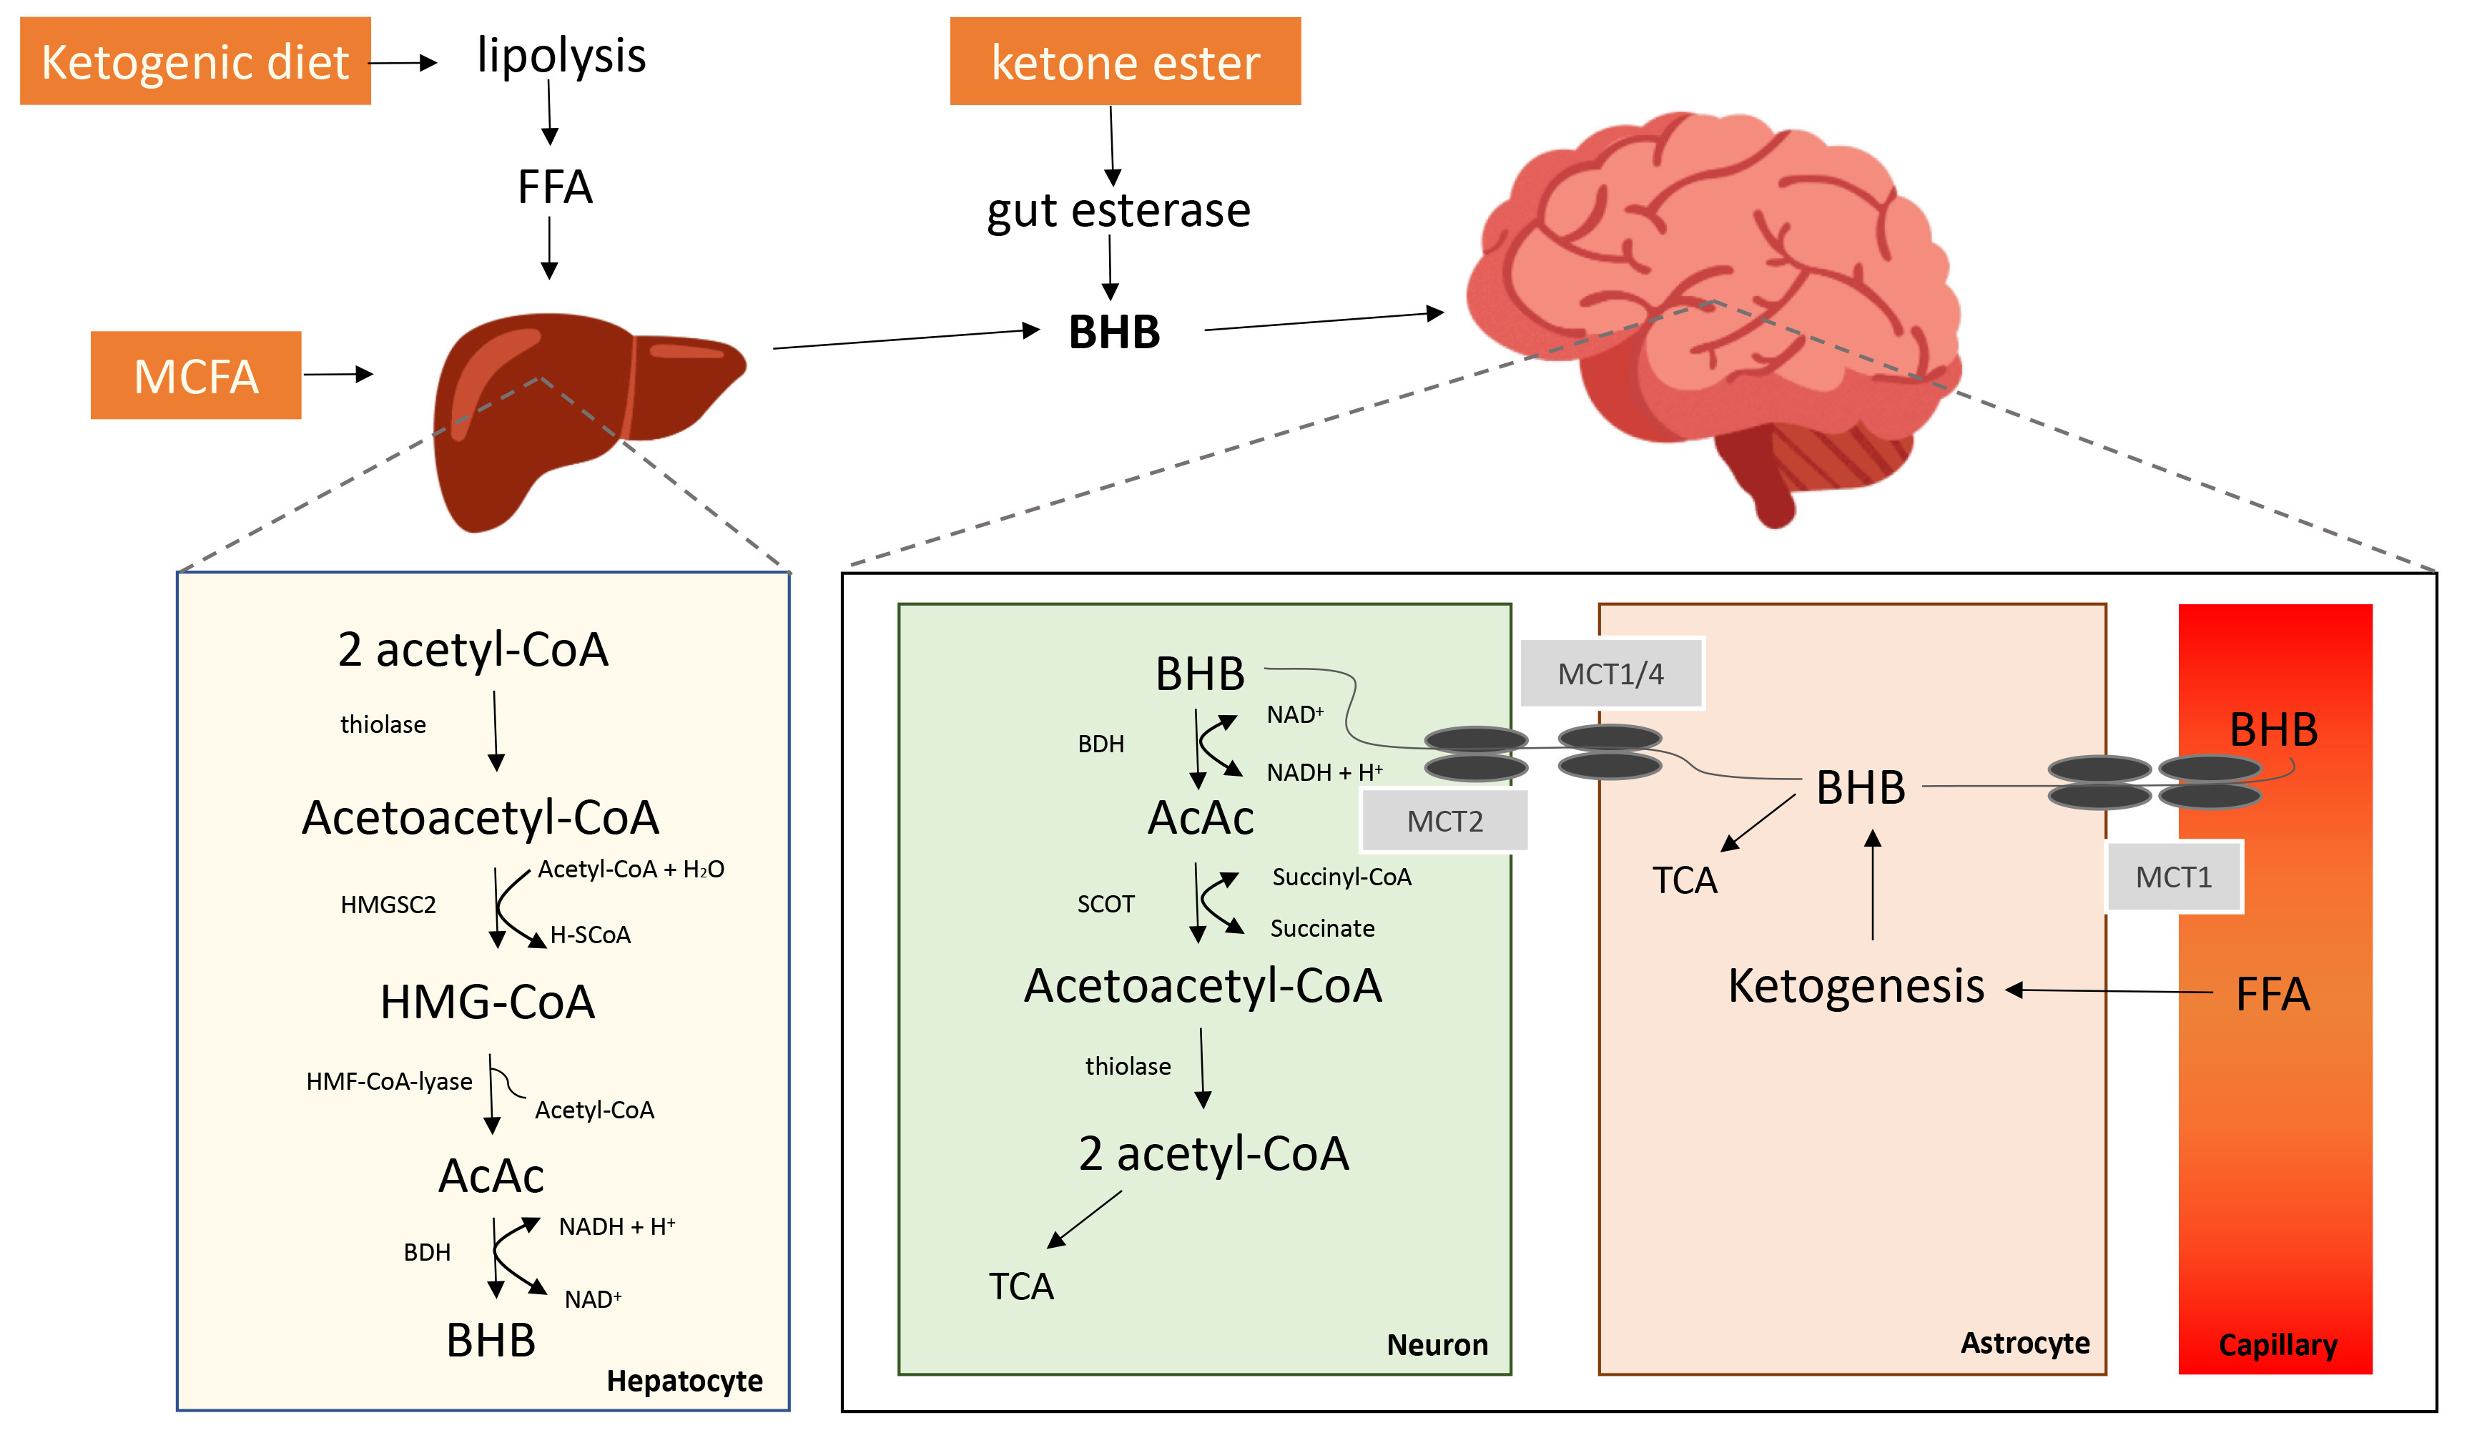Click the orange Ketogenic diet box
[x=194, y=61]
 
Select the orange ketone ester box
[x=1125, y=61]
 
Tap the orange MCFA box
[x=196, y=375]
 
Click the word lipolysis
[x=561, y=56]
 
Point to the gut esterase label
[x=1118, y=210]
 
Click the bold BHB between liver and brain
[x=1113, y=333]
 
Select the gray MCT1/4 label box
[x=1610, y=674]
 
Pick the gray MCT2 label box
[x=1444, y=821]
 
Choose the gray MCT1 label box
[x=2173, y=877]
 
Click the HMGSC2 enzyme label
[x=388, y=905]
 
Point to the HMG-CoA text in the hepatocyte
[x=488, y=1003]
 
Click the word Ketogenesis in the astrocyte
[x=1856, y=986]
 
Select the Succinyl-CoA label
[x=1341, y=877]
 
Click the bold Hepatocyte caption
[x=684, y=1381]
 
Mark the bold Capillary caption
[x=2277, y=1345]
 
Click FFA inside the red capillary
[x=2272, y=995]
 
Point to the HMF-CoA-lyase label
[x=389, y=1081]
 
